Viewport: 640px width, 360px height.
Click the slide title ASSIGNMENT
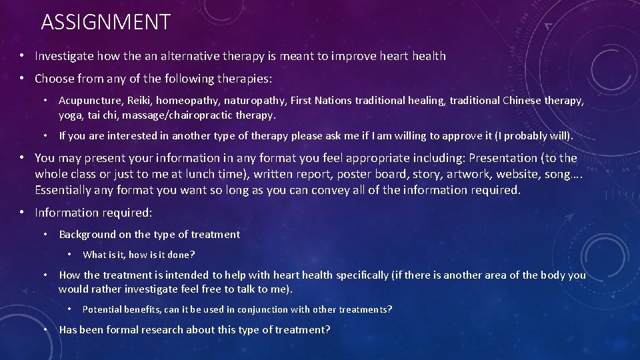(x=105, y=23)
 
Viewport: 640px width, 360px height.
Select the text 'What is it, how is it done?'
(x=139, y=255)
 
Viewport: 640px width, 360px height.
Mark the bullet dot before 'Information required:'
(x=22, y=213)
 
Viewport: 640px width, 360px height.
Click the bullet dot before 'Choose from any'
(x=22, y=79)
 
